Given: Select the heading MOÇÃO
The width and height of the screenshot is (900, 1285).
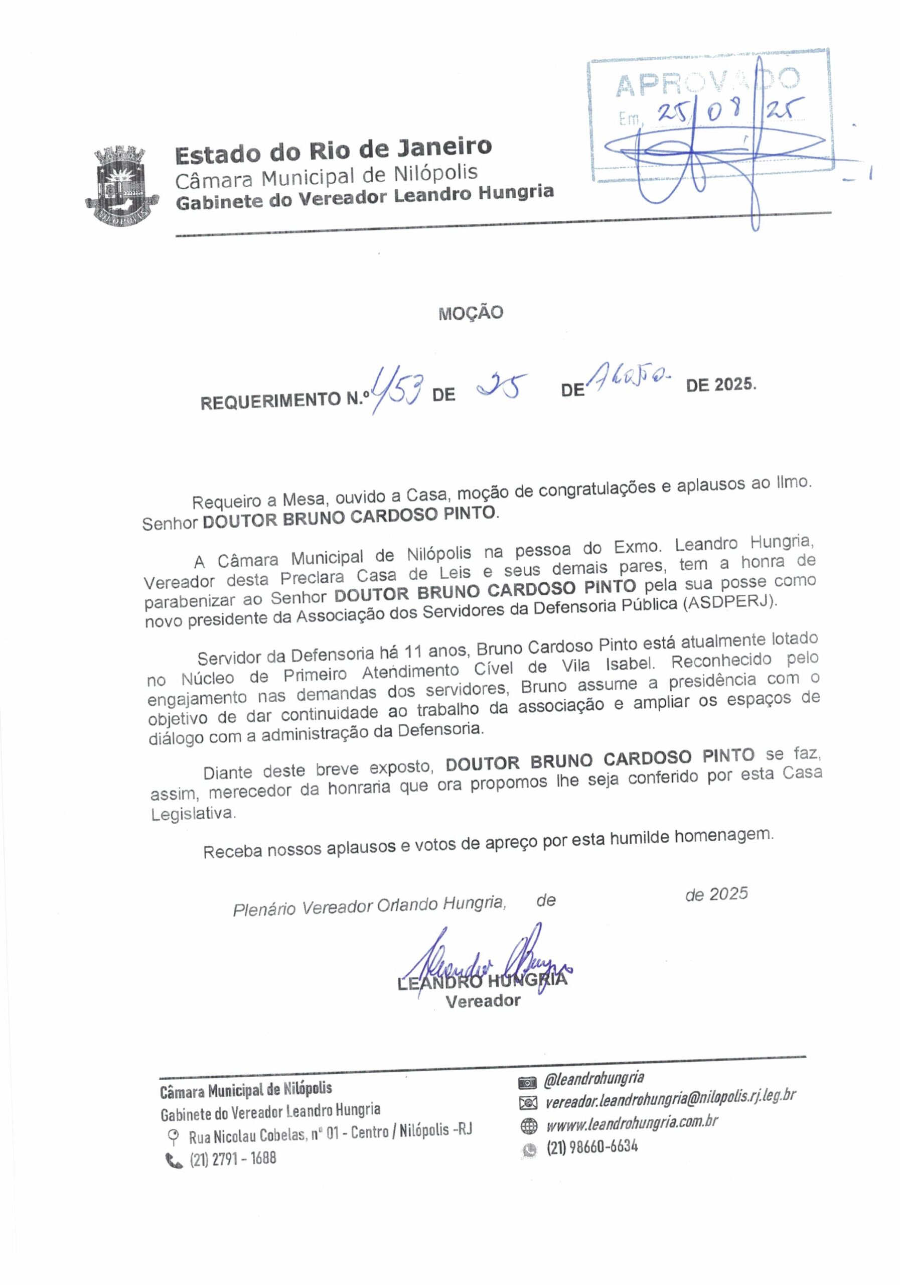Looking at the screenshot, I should [x=471, y=313].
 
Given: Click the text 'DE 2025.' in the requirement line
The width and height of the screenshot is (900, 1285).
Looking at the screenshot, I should [x=720, y=385].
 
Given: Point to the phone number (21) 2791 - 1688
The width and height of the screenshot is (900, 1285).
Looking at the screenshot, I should [x=233, y=1159].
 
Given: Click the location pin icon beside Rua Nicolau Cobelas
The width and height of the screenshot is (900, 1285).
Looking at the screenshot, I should [x=174, y=1136].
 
